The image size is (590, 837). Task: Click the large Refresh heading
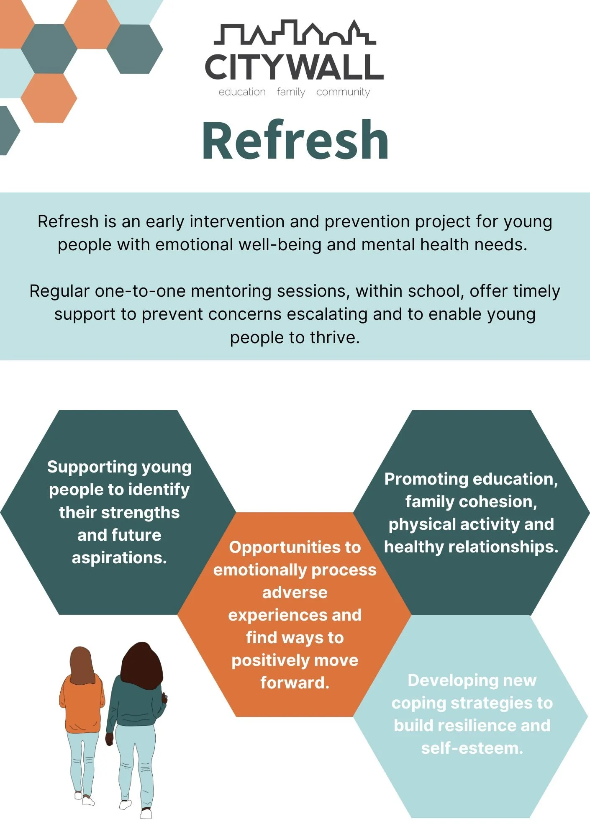295,140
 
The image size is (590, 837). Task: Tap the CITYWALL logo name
294,67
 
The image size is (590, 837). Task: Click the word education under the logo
242,92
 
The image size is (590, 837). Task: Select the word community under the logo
343,92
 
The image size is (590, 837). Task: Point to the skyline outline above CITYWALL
295,33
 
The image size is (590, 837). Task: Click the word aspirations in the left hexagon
119,558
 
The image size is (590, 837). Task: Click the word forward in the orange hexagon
295,683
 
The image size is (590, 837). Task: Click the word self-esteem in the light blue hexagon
472,748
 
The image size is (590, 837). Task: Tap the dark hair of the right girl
141,665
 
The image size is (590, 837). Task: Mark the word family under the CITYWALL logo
291,92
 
